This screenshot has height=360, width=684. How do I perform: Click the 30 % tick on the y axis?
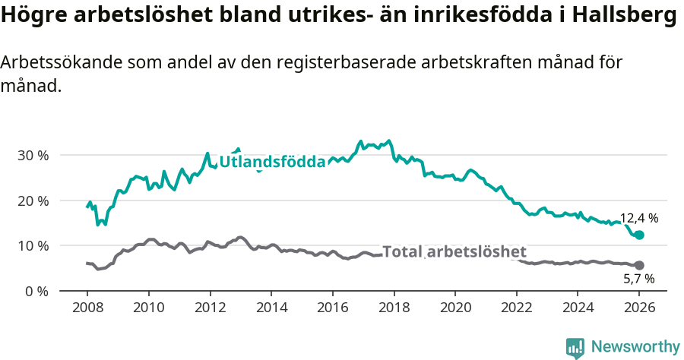click(33, 156)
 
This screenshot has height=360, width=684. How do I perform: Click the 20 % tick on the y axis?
click(33, 201)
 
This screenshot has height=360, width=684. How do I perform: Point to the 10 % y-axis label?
click(33, 246)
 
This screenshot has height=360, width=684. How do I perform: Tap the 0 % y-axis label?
click(36, 291)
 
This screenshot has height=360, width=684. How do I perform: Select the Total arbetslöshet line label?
click(454, 252)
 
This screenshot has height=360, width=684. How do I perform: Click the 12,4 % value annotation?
click(638, 218)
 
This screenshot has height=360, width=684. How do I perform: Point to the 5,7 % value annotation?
click(638, 279)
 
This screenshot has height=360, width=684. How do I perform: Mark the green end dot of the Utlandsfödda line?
click(639, 235)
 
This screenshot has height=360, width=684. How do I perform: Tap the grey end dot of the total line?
click(639, 265)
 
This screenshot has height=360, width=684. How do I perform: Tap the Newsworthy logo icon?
click(575, 347)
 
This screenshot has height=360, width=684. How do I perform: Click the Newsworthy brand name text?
click(635, 347)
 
